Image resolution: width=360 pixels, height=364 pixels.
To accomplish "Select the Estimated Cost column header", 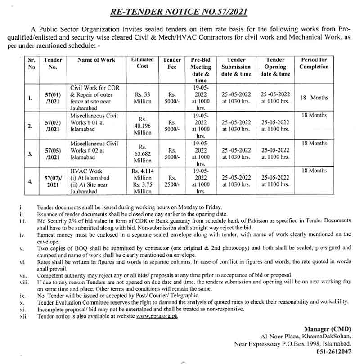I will click(142, 63).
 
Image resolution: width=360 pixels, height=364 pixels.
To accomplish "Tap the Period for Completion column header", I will click(314, 63).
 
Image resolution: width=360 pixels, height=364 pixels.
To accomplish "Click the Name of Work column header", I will click(96, 60).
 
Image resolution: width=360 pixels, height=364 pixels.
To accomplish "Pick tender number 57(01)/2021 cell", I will click(53, 98).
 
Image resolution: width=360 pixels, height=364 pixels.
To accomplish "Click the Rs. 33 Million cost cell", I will click(142, 98).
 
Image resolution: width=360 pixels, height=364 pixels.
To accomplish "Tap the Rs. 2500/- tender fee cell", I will click(172, 182).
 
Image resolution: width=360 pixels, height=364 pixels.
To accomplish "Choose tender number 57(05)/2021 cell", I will click(53, 154).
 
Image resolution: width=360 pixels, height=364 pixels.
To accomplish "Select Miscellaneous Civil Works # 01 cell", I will click(94, 123).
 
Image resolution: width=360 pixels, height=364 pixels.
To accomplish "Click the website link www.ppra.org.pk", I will click(157, 316).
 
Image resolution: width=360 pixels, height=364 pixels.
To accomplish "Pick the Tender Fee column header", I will click(172, 63).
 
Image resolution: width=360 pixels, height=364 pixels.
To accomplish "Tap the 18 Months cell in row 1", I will click(314, 98).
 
